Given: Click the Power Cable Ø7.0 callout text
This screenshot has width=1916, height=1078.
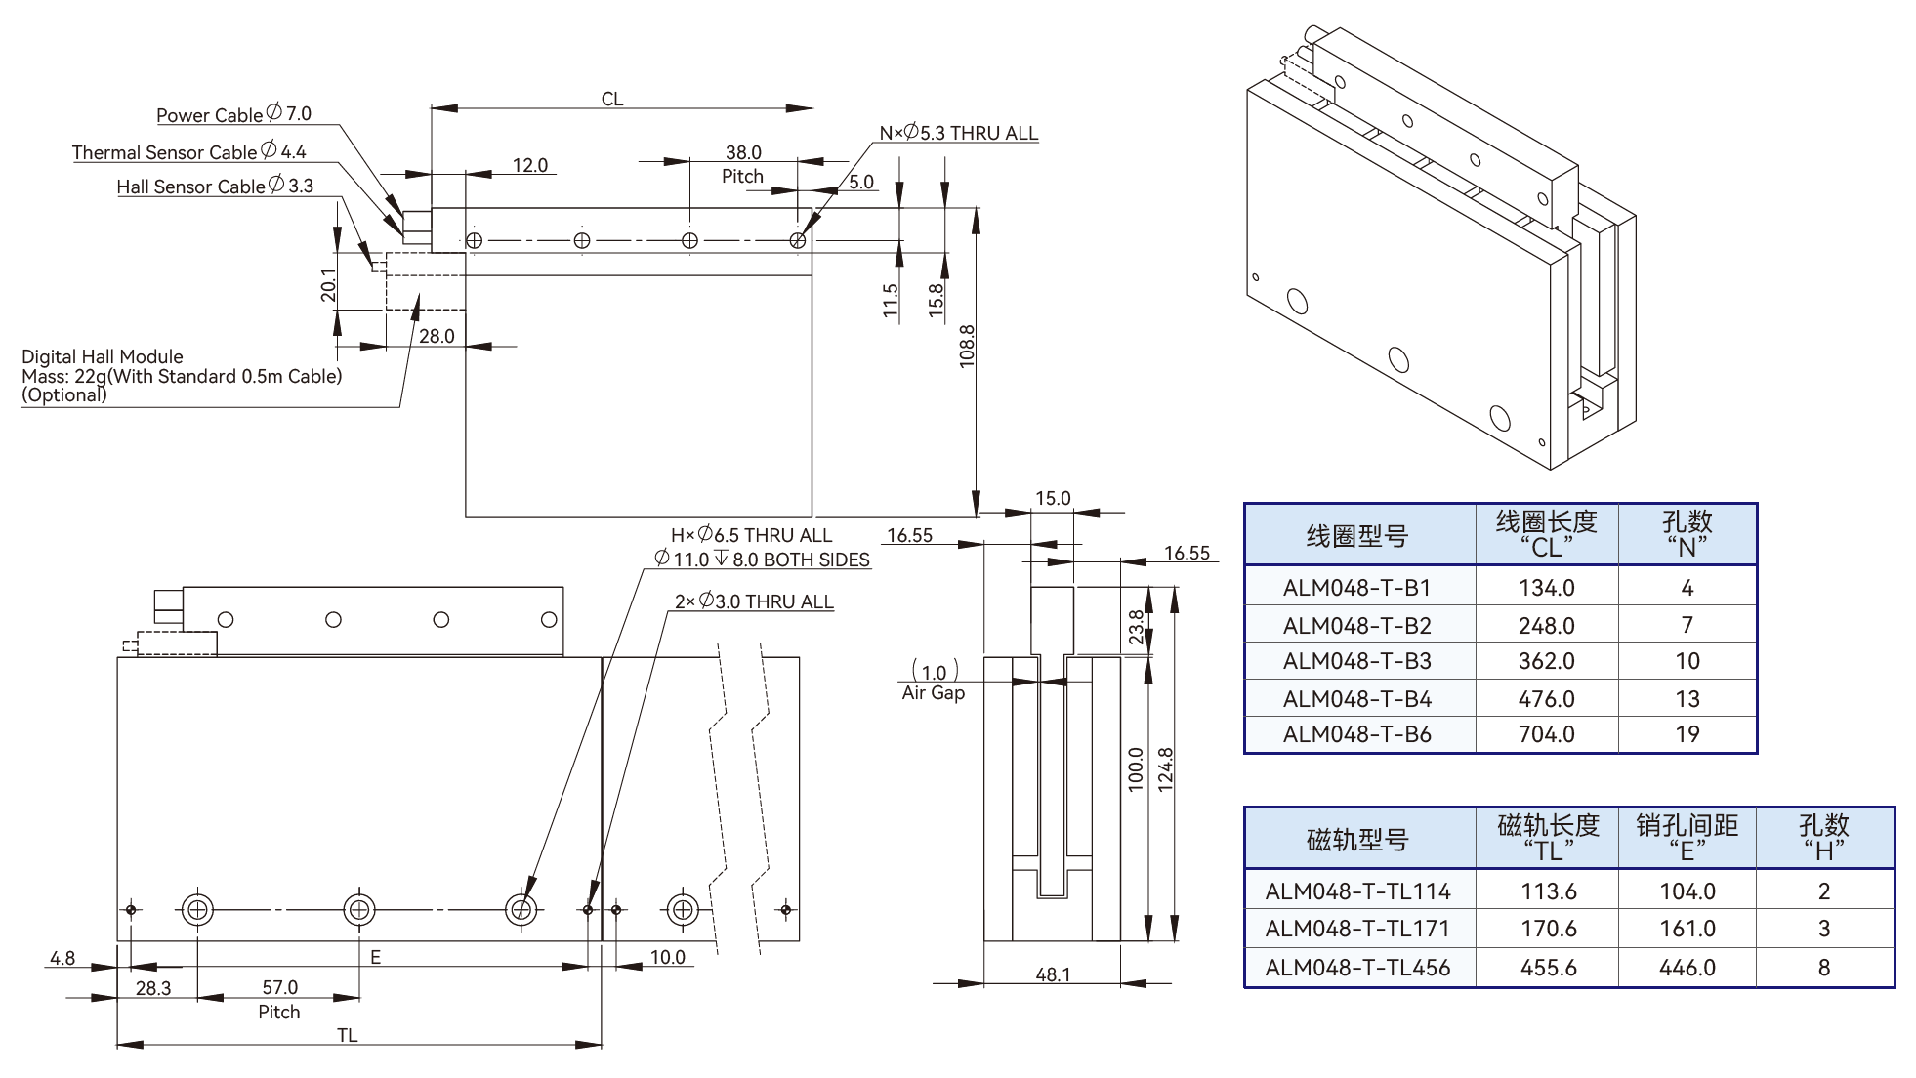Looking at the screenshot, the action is point(234,114).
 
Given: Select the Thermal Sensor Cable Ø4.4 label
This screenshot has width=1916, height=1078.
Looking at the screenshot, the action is point(189,151).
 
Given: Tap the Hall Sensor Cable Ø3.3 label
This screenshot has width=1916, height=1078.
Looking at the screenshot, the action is point(215,186).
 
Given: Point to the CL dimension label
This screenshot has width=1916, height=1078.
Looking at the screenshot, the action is point(612,99).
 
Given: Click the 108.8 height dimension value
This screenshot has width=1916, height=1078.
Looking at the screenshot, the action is point(967,346).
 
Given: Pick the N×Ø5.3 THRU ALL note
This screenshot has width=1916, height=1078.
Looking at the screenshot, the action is point(958,133).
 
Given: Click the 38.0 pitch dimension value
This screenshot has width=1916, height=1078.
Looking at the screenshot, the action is point(743,152).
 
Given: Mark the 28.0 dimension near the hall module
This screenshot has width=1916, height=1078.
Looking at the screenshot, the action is point(437,336).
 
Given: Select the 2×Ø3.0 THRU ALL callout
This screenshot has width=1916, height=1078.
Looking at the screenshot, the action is point(754,601).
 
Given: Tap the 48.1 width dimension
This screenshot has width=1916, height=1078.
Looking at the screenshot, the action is point(1053,974).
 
